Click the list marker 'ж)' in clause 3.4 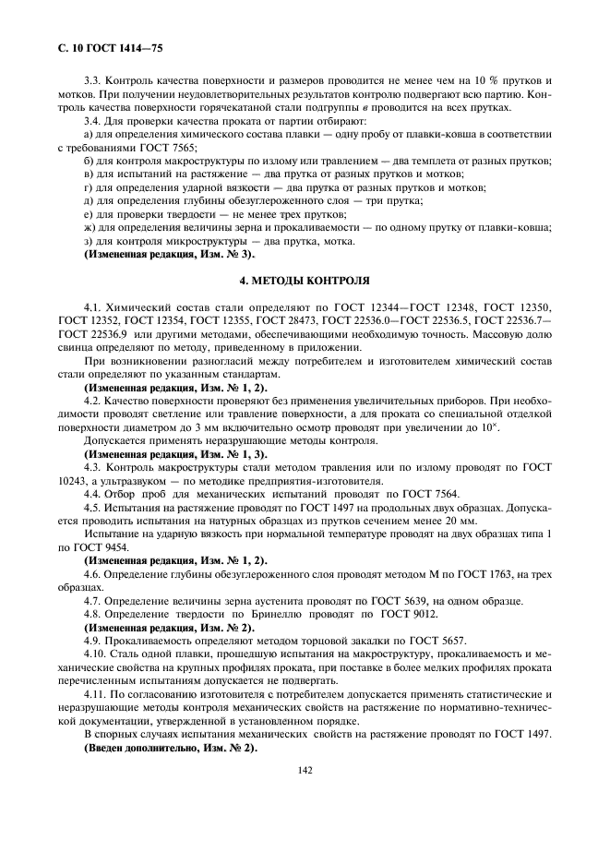[x=90, y=227]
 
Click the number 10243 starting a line [x=74, y=482]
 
